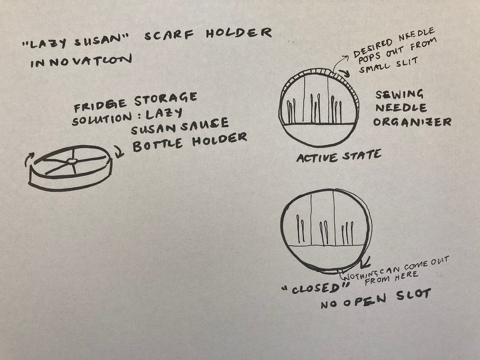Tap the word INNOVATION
81,60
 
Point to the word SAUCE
204,125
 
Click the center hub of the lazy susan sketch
72,161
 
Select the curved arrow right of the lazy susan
119,151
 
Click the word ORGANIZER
412,122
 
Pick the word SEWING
399,95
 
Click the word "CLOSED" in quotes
315,288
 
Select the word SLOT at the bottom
413,295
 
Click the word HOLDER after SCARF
239,33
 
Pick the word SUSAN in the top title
102,40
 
